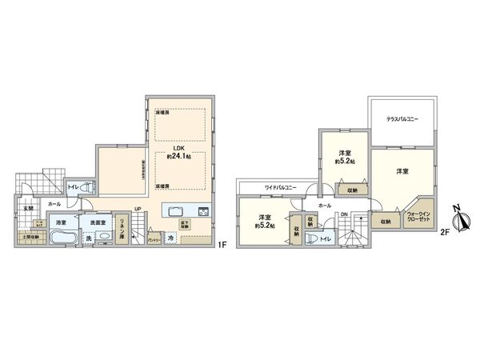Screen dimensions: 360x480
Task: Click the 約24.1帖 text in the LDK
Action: [x=179, y=156]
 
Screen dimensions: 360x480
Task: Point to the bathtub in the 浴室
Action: [x=62, y=238]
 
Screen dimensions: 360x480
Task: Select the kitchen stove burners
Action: [x=203, y=212]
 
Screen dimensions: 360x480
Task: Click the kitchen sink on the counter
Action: [x=174, y=212]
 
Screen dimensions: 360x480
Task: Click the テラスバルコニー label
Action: [x=402, y=118]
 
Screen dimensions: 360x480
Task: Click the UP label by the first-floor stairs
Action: [x=138, y=210]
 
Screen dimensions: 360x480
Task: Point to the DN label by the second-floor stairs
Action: [x=344, y=214]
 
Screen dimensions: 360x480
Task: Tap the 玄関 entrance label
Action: [x=28, y=209]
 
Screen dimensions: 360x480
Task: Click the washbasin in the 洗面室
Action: [x=104, y=238]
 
